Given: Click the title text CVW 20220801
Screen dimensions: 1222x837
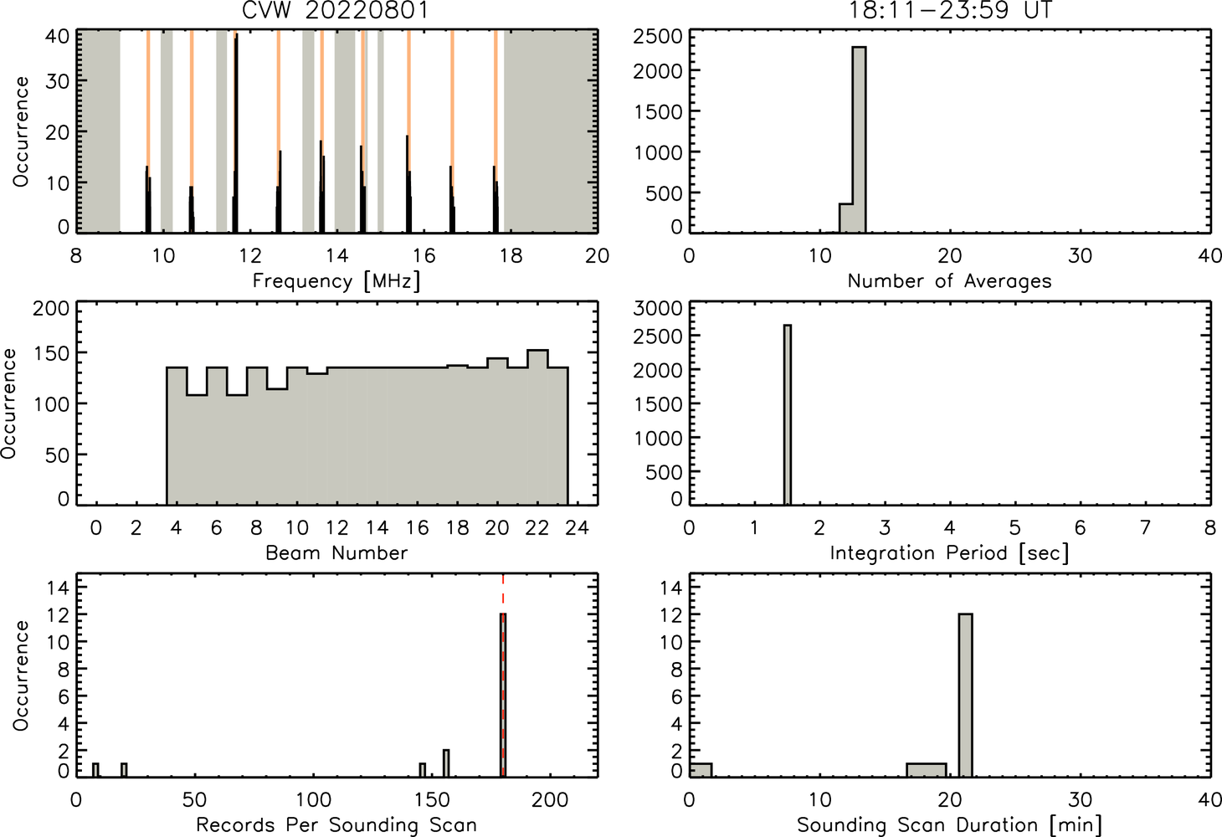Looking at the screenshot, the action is [336, 9].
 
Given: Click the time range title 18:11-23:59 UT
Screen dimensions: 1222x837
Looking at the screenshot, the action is [950, 9].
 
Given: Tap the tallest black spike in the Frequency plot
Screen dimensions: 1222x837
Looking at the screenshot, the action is [236, 132].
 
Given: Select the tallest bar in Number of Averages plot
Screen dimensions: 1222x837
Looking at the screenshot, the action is [859, 140].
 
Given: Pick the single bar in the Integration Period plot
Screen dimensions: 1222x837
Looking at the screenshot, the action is [788, 414].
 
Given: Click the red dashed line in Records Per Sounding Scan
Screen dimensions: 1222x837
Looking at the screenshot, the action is [503, 675].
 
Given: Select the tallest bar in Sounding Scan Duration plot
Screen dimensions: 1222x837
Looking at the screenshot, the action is [965, 696].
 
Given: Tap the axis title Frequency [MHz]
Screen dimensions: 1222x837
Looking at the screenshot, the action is [336, 281].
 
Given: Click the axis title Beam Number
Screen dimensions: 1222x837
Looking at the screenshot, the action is [336, 552].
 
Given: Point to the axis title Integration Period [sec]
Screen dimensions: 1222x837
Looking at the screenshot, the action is [949, 553].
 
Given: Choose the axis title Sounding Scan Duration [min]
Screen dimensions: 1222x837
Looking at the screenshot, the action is [949, 824].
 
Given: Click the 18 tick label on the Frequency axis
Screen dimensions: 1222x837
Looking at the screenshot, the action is [511, 255].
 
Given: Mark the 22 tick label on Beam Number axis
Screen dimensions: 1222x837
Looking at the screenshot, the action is [537, 527].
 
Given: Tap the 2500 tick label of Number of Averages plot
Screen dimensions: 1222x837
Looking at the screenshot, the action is [658, 37].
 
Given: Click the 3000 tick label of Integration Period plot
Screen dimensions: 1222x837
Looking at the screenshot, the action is [658, 308].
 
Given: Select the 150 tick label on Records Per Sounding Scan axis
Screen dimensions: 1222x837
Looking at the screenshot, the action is [432, 800].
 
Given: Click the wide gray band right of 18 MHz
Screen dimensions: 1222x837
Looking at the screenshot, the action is [550, 131].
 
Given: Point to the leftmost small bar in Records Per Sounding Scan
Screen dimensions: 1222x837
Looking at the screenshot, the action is [95, 770].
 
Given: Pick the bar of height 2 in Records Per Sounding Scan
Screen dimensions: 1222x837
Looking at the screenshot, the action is [446, 763].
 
